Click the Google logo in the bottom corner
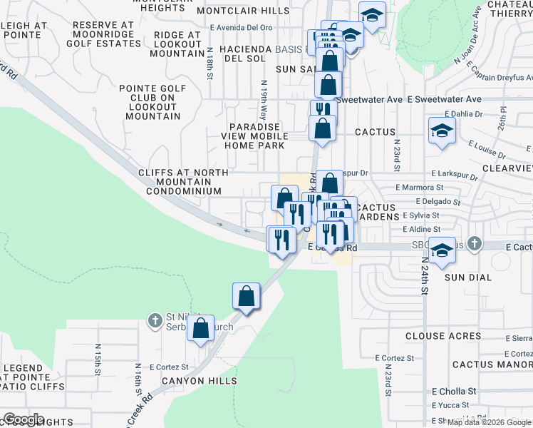click(x=23, y=419)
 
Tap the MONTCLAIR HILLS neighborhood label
click(x=242, y=11)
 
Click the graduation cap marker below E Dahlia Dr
click(x=442, y=131)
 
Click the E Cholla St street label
click(x=454, y=392)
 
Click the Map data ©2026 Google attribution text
click(x=490, y=422)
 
